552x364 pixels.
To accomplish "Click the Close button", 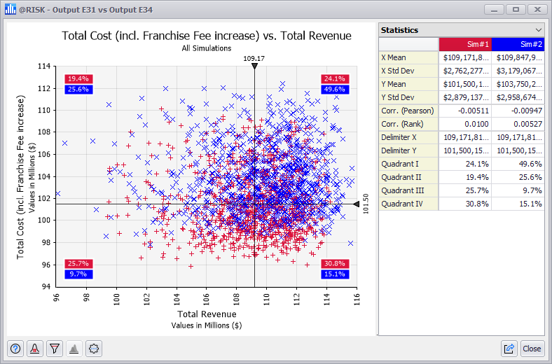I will [532, 348].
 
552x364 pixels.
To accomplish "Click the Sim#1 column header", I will [464, 44].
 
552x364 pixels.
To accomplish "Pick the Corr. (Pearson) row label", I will [408, 111].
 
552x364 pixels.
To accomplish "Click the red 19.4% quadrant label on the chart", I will [78, 79].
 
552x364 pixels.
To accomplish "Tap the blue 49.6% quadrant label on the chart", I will [334, 90].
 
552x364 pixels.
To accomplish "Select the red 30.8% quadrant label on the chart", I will [334, 264].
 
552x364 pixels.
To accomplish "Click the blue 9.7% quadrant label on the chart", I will [78, 274].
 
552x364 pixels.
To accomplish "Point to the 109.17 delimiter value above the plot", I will [254, 58].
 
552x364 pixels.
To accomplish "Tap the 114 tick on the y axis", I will [44, 66].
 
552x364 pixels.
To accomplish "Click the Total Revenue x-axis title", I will [207, 314].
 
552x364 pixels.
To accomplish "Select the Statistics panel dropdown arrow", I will [538, 30].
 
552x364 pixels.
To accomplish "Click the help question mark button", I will [16, 348].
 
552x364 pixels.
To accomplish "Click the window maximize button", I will [516, 10].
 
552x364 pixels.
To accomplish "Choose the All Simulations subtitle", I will [207, 48].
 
